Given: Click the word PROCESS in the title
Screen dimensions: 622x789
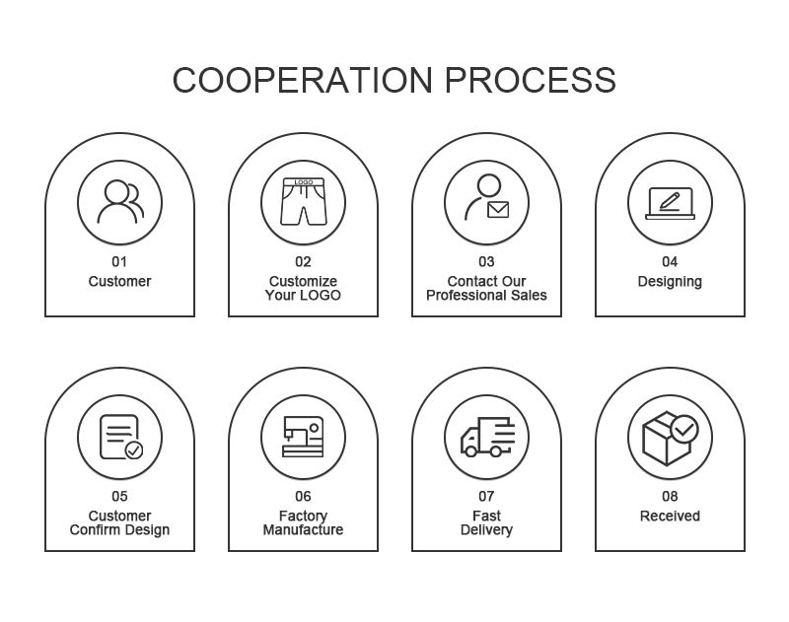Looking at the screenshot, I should pyautogui.click(x=530, y=80).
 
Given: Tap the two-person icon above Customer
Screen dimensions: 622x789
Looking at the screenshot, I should pyautogui.click(x=119, y=203).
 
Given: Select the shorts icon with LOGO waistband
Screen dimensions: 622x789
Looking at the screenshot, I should pyautogui.click(x=303, y=202).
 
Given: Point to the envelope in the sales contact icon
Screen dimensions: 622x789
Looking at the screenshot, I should pyautogui.click(x=497, y=210).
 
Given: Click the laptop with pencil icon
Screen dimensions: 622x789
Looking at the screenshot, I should pyautogui.click(x=670, y=204).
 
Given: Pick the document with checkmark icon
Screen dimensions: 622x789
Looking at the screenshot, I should pyautogui.click(x=120, y=437).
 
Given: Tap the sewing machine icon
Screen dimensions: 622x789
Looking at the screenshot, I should pyautogui.click(x=303, y=437).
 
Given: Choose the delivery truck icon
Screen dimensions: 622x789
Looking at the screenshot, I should pyautogui.click(x=486, y=437).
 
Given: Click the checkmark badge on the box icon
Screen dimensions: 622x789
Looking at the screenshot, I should pyautogui.click(x=683, y=429).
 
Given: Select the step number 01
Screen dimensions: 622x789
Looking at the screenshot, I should pyautogui.click(x=119, y=262).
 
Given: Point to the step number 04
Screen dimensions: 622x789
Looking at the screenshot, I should pyautogui.click(x=670, y=262).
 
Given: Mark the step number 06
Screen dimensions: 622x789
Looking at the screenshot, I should pyautogui.click(x=303, y=497).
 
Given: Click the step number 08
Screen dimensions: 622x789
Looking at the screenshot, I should pyautogui.click(x=670, y=497).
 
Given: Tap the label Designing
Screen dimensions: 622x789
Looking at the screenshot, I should pyautogui.click(x=670, y=282).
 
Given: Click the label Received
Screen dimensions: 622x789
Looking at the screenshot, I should pyautogui.click(x=670, y=517).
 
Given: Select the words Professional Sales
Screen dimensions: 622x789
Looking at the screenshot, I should pyautogui.click(x=486, y=296).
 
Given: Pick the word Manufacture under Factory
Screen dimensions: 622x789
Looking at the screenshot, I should pyautogui.click(x=303, y=530).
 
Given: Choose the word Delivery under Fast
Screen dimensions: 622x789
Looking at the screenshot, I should pyautogui.click(x=486, y=530).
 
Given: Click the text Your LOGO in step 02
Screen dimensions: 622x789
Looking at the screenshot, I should pyautogui.click(x=303, y=296).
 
